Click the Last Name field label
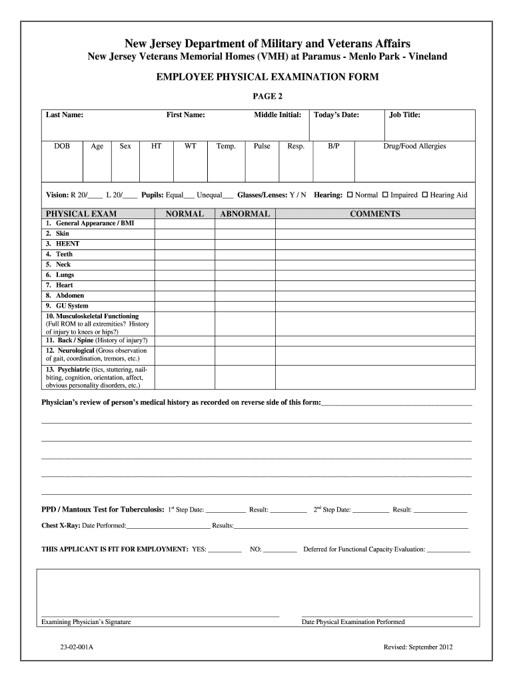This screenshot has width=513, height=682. (x=64, y=115)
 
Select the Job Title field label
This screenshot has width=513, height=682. (x=404, y=115)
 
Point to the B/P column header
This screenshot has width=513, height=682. (x=334, y=146)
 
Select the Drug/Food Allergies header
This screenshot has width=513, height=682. (x=414, y=146)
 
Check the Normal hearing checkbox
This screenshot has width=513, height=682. (x=350, y=195)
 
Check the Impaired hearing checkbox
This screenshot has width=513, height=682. (x=385, y=195)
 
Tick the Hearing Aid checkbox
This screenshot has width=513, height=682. (x=425, y=195)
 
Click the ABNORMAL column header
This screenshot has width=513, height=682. (x=245, y=214)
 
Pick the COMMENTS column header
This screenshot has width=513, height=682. (x=375, y=214)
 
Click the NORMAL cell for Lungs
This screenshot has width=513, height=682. (x=185, y=275)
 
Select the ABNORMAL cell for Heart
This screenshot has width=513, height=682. (x=245, y=285)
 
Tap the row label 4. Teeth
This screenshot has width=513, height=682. (x=59, y=254)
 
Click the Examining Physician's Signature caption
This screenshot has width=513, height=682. (x=86, y=622)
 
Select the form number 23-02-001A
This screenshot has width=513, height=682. (x=78, y=647)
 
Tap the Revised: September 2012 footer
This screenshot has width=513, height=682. (x=418, y=647)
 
